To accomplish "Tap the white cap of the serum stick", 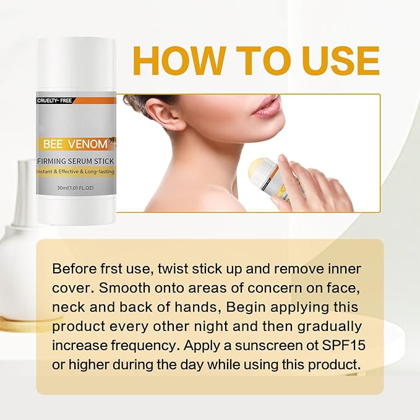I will pyautogui.click(x=76, y=62).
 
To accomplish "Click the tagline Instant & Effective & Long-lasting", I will pyautogui.click(x=76, y=173).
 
